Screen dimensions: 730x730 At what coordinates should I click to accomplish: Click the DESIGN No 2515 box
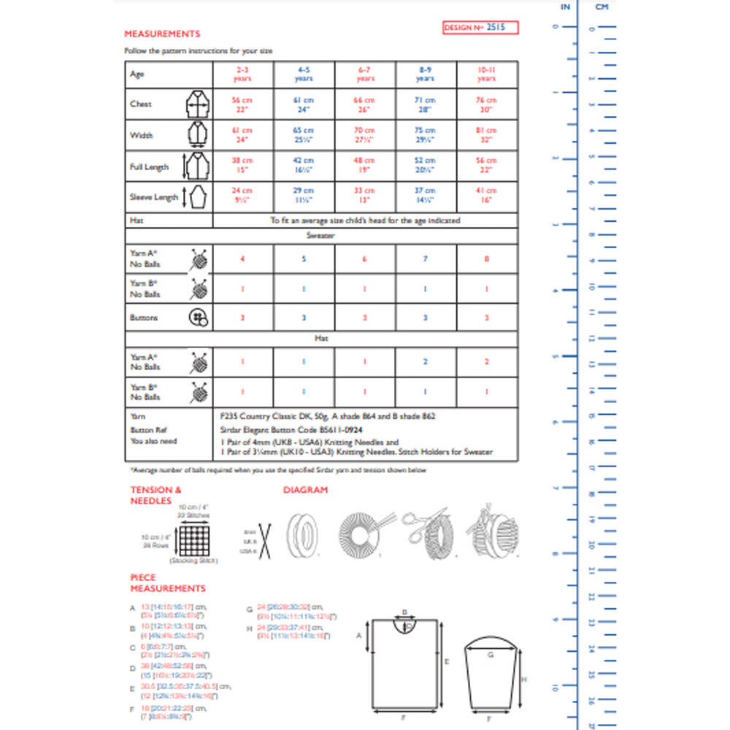480,28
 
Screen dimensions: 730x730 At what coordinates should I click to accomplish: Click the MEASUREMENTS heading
162,34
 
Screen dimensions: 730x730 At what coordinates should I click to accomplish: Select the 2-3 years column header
242,74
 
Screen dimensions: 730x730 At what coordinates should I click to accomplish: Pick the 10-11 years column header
487,74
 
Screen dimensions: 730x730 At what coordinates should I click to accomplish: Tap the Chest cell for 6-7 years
365,104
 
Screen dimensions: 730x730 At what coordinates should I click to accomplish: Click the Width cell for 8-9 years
426,135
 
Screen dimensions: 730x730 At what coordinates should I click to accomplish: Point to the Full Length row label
149,167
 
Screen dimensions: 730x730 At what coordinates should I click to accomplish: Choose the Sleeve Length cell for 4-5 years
304,196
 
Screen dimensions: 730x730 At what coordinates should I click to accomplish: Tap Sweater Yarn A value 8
487,259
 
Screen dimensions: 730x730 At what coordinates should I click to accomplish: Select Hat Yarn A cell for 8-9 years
426,362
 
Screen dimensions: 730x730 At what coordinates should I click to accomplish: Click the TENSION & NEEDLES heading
156,495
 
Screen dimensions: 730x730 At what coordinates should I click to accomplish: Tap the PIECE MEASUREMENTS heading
168,583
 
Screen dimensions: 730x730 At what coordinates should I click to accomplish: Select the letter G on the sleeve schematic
491,655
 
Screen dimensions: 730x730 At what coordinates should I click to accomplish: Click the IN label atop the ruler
565,7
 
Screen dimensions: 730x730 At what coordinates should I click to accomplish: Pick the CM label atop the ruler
602,7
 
